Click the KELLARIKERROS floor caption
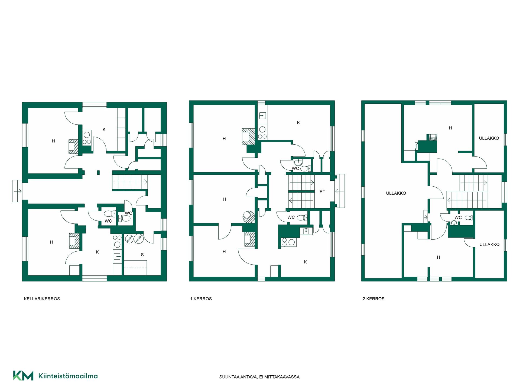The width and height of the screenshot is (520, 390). [x=42, y=299]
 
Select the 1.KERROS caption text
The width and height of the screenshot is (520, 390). [x=201, y=299]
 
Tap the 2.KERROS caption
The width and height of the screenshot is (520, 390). [x=373, y=299]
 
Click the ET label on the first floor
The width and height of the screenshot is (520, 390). [x=322, y=192]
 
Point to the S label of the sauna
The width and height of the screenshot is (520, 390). [x=142, y=255]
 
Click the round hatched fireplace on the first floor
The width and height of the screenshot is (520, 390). [x=249, y=217]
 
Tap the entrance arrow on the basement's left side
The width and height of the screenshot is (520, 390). [x=18, y=191]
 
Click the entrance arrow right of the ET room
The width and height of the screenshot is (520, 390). [x=340, y=191]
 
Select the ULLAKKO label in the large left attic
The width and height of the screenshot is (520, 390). [x=396, y=193]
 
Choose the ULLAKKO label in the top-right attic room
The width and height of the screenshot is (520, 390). [x=489, y=138]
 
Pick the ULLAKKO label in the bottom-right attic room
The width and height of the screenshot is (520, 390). [x=489, y=244]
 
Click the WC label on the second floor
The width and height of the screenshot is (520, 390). [x=458, y=217]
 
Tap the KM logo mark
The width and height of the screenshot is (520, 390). [x=23, y=376]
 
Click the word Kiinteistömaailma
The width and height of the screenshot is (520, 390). [x=68, y=376]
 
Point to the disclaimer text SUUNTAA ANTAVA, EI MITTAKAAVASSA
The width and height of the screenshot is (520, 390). [x=260, y=377]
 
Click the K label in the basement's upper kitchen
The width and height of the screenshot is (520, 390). [x=104, y=130]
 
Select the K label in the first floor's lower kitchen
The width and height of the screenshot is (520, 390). [x=305, y=262]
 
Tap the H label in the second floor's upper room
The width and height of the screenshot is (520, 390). [x=450, y=128]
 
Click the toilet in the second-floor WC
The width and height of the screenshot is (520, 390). [x=469, y=218]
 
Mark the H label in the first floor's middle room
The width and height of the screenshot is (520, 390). [x=224, y=199]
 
